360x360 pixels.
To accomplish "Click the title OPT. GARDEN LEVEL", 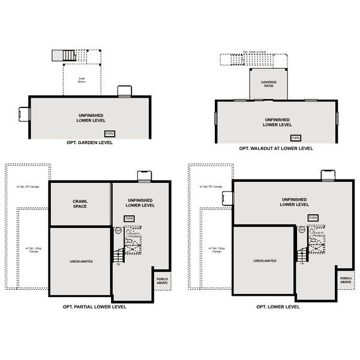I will [89, 143].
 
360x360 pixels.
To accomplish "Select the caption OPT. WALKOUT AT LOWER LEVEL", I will [275, 148].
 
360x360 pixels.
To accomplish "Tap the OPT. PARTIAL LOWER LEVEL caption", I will [89, 306].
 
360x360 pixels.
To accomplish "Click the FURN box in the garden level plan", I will [110, 133].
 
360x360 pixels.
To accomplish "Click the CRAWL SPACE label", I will [80, 204].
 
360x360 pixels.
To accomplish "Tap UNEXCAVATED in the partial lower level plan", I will [80, 261].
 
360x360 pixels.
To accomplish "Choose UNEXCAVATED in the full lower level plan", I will [264, 261].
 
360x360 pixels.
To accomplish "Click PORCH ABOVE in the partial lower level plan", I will [163, 281].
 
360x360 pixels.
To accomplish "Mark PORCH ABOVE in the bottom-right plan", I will [346, 281].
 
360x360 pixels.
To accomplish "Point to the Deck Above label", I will [82, 79].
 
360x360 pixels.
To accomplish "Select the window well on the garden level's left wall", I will [24, 114].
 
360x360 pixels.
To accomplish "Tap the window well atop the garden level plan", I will [124, 91].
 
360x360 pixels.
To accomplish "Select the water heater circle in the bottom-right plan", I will [301, 229].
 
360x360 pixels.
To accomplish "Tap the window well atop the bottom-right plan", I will [328, 175].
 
